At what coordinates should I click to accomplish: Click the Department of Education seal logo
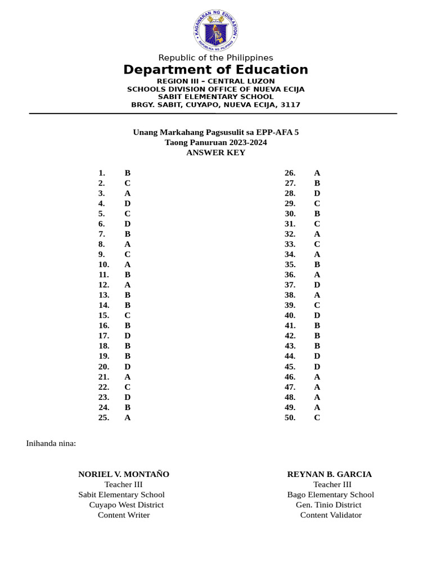tap(215, 30)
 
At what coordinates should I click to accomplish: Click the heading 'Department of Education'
tap(215, 70)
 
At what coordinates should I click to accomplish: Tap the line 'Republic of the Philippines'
tap(215, 57)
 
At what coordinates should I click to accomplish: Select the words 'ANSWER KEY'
tap(215, 152)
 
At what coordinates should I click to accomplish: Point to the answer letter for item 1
tap(128, 173)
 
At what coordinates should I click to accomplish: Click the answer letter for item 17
tap(128, 336)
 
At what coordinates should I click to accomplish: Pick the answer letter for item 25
tap(128, 417)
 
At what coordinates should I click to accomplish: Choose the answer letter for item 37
tap(317, 285)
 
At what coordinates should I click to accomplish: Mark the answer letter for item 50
tap(317, 417)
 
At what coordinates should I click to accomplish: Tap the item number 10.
tap(103, 264)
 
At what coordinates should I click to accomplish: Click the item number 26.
tap(290, 173)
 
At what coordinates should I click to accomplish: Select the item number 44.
tap(290, 356)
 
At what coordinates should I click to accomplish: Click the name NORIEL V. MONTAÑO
tap(124, 474)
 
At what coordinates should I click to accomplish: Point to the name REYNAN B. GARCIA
tap(330, 474)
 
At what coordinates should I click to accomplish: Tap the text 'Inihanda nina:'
tap(51, 443)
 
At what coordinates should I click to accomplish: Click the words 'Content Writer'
tap(124, 515)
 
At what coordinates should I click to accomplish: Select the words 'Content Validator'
tap(331, 515)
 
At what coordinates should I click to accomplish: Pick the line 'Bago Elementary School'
tap(330, 494)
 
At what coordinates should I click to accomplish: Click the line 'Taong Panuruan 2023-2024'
tap(215, 142)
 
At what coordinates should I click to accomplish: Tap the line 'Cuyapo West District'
tap(126, 505)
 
